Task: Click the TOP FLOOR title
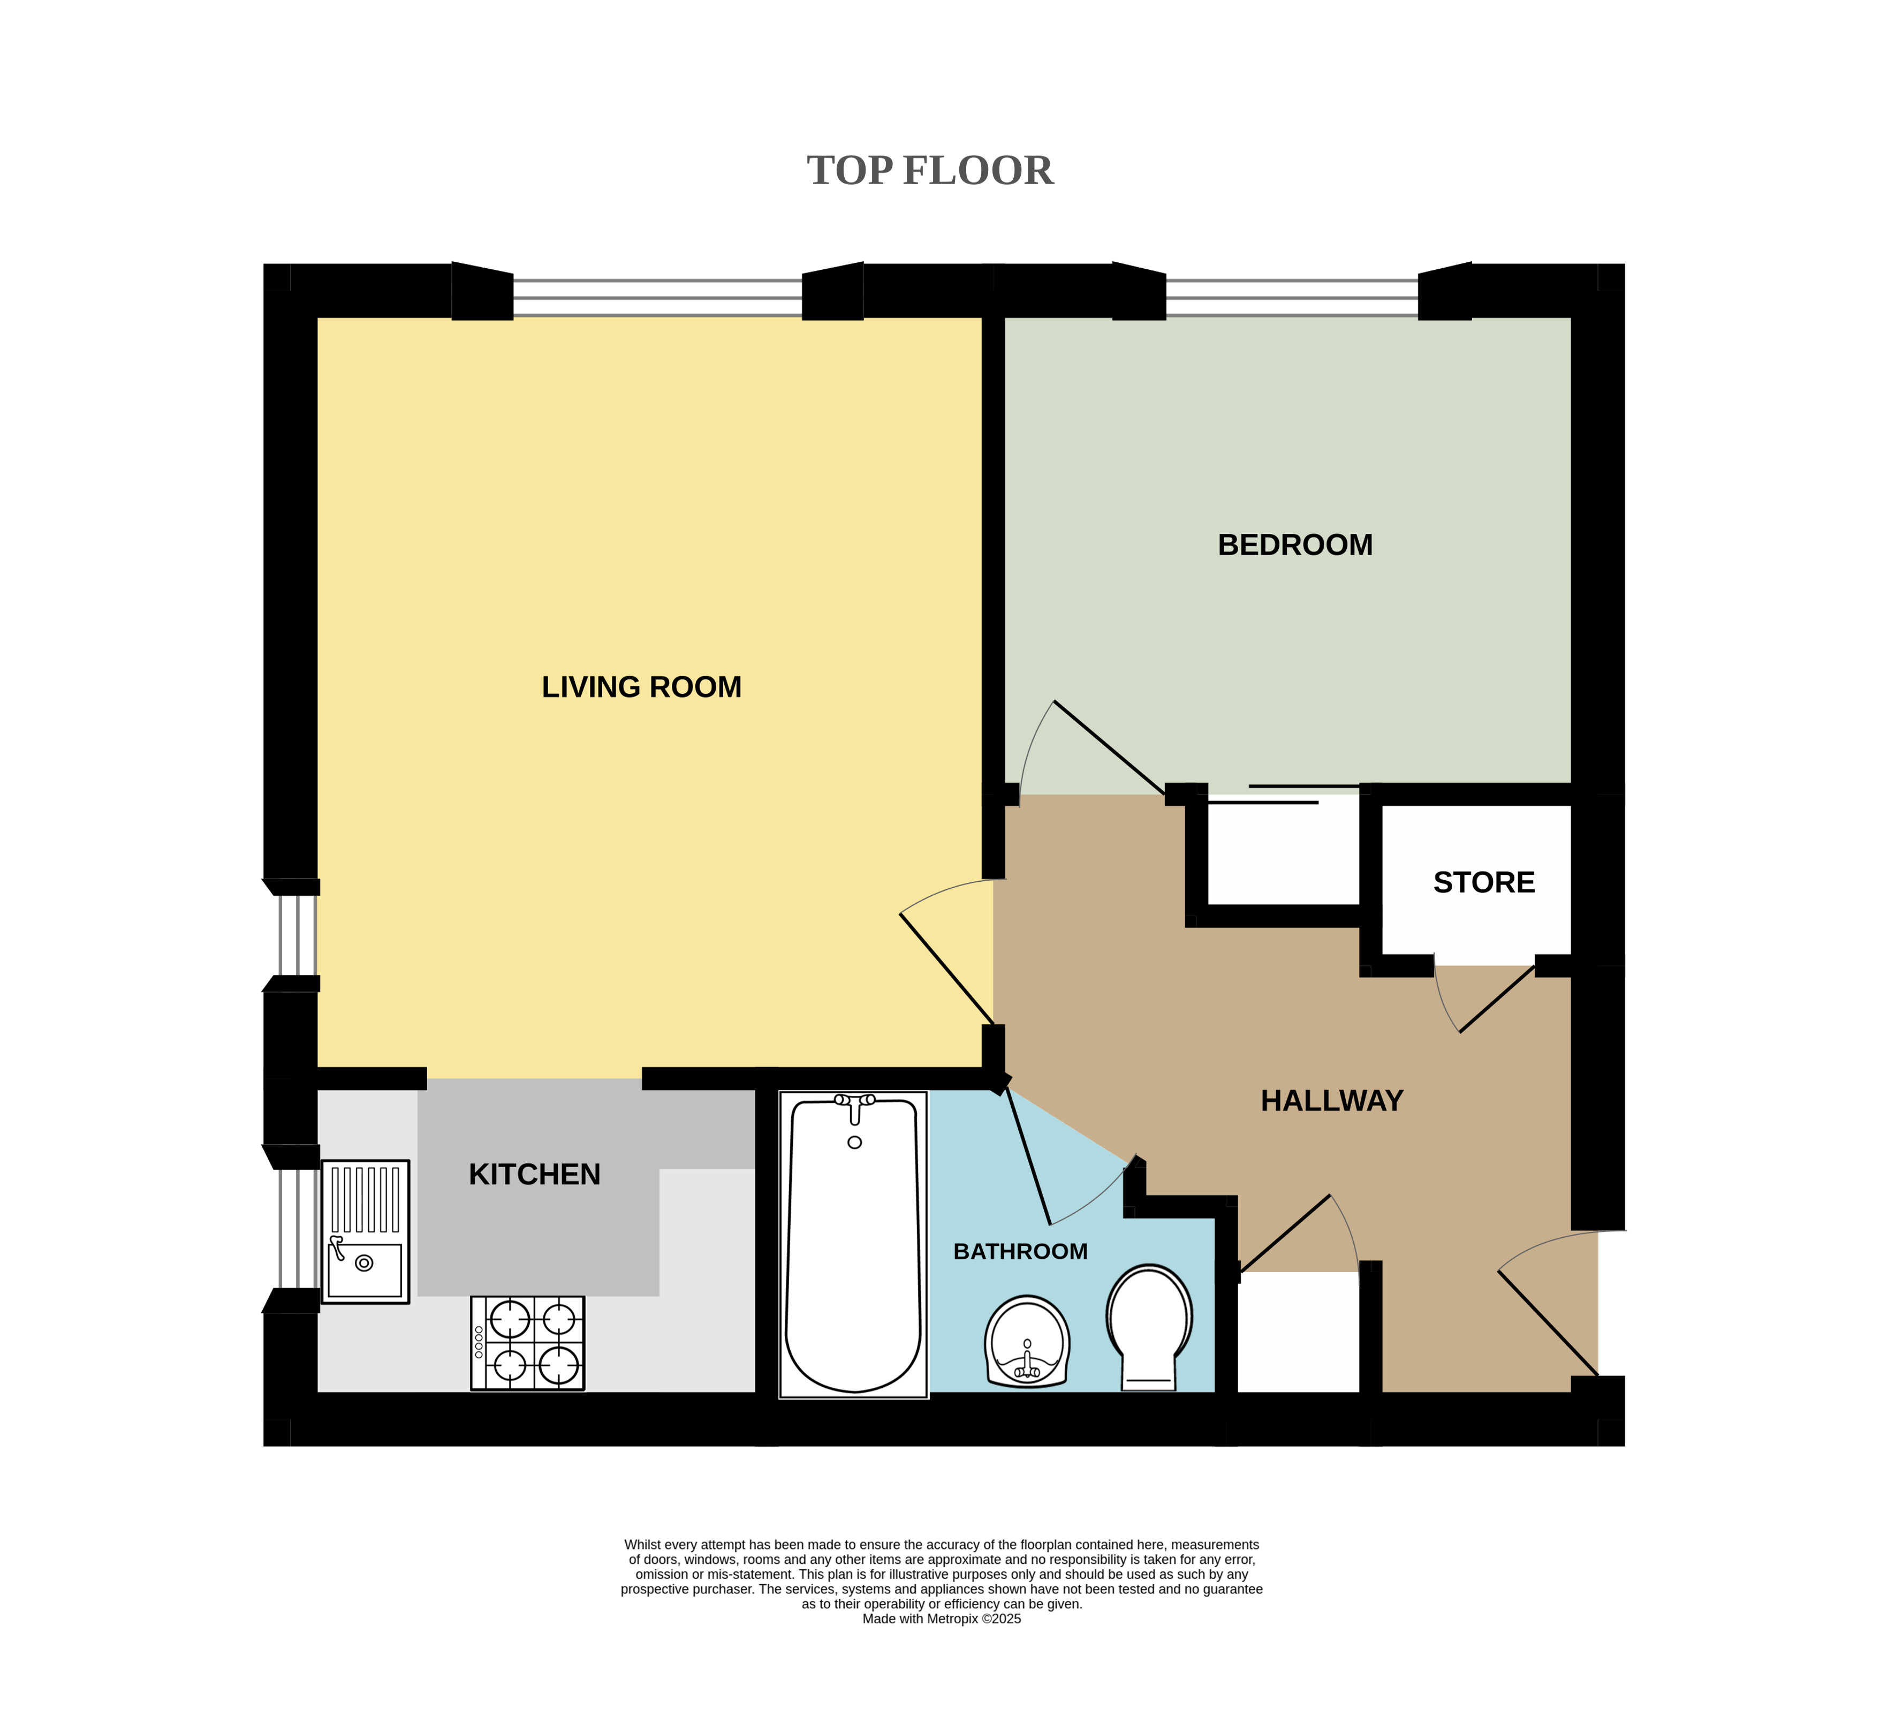pyautogui.click(x=930, y=170)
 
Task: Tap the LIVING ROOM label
pyautogui.click(x=641, y=687)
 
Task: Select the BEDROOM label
pyautogui.click(x=1295, y=545)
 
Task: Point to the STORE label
pyautogui.click(x=1484, y=882)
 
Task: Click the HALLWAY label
pyautogui.click(x=1332, y=1100)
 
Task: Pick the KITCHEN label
pyautogui.click(x=535, y=1174)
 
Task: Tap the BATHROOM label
pyautogui.click(x=1021, y=1251)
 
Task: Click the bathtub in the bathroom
pyautogui.click(x=853, y=1244)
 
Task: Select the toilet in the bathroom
pyautogui.click(x=1149, y=1327)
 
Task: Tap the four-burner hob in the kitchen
pyautogui.click(x=527, y=1343)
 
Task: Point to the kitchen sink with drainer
pyautogui.click(x=365, y=1231)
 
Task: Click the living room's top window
pyautogui.click(x=657, y=297)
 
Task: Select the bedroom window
pyautogui.click(x=1292, y=297)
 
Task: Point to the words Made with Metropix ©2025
pyautogui.click(x=941, y=1618)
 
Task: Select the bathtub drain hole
pyautogui.click(x=854, y=1143)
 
